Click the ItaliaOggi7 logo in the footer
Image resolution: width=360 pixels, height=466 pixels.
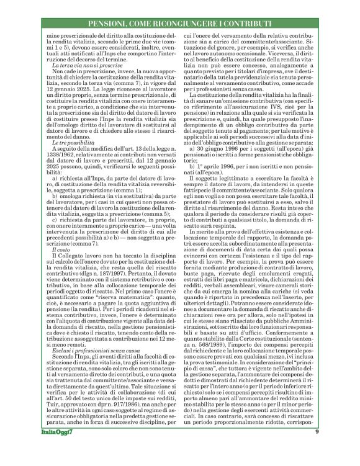pyautogui.click(x=54, y=449)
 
